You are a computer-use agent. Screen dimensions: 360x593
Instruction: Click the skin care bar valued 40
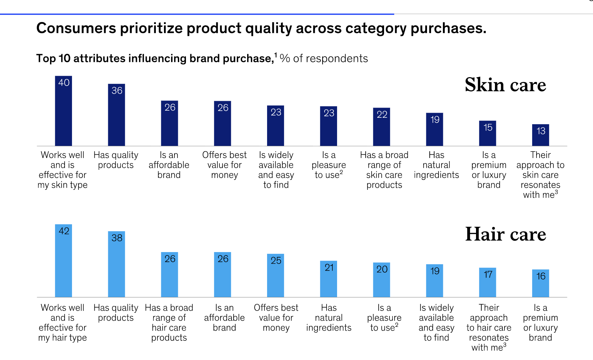click(x=64, y=112)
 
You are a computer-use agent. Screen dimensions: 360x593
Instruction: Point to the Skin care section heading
click(x=505, y=85)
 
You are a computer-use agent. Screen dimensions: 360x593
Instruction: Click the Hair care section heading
click(x=505, y=234)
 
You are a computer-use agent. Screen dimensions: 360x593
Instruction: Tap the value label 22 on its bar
click(x=382, y=115)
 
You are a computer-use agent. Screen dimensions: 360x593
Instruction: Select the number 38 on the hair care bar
click(x=117, y=238)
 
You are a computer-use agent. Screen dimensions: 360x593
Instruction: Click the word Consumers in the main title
click(x=76, y=28)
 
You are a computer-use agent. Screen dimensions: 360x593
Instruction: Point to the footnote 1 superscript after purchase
click(x=276, y=55)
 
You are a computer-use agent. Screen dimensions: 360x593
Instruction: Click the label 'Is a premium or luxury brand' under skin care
click(x=489, y=170)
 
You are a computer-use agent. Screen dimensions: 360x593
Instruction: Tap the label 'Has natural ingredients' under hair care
click(x=329, y=318)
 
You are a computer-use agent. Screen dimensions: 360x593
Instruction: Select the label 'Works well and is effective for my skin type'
click(x=63, y=170)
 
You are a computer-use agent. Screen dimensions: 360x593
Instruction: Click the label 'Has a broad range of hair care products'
click(x=169, y=322)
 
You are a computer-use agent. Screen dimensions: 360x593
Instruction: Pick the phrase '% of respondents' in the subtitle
click(x=324, y=59)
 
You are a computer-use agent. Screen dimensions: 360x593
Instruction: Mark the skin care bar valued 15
click(x=488, y=134)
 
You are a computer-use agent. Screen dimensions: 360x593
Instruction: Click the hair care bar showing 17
click(x=488, y=283)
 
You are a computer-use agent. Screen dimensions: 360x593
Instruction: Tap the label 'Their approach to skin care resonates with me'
click(x=540, y=175)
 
